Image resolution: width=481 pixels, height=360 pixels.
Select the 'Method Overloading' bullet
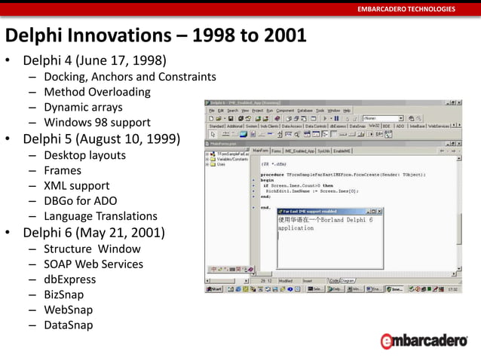pos(97,92)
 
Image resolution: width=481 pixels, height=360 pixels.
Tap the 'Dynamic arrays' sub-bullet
pos(83,107)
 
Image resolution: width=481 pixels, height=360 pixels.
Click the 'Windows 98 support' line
pos(97,122)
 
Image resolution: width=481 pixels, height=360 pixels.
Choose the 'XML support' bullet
pos(76,185)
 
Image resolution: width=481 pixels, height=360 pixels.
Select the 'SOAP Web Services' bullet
pos(93,264)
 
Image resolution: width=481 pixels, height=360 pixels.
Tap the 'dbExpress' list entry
pos(69,279)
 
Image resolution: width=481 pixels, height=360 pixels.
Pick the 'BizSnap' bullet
pos(63,294)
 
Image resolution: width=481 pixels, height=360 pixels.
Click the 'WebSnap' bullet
pos(68,310)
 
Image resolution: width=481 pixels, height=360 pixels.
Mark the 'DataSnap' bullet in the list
pos(68,325)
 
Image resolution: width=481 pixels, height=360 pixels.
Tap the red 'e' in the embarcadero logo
pos(387,341)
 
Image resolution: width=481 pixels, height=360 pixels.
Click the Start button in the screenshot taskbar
pos(215,288)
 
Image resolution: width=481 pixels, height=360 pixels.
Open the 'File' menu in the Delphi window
pos(212,110)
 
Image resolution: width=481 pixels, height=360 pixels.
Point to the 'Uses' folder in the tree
pos(221,164)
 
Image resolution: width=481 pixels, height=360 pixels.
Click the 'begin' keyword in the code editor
pos(267,181)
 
